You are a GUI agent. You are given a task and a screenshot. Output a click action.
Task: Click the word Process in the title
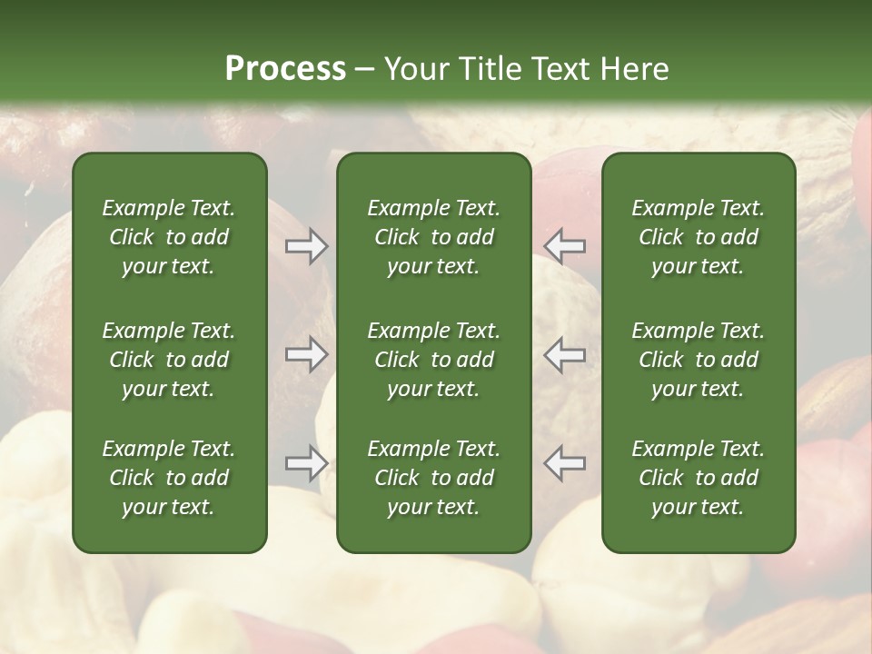click(x=285, y=69)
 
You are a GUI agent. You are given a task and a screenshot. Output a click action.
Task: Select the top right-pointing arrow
click(x=307, y=246)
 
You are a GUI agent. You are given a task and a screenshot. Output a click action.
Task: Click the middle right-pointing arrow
click(x=307, y=354)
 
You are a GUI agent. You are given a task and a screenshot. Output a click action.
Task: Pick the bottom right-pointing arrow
click(x=307, y=463)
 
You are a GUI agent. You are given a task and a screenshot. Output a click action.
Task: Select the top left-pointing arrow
click(x=565, y=246)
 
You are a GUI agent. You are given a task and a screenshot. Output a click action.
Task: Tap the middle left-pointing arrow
click(x=565, y=354)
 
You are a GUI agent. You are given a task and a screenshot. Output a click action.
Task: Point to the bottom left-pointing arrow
click(x=565, y=463)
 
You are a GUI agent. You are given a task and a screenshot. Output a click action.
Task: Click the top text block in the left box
click(x=169, y=237)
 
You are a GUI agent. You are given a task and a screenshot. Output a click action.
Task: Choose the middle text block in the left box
click(x=169, y=360)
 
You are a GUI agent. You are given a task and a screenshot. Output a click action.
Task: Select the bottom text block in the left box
click(x=169, y=478)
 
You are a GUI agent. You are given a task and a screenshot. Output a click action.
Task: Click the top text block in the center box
click(x=433, y=237)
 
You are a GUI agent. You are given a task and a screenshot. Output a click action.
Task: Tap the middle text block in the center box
click(x=433, y=360)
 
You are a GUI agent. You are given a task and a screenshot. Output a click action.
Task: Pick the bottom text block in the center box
click(x=433, y=478)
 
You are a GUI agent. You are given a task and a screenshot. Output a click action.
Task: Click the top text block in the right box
click(x=698, y=237)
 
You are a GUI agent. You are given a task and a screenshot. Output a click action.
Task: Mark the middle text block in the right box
click(x=698, y=360)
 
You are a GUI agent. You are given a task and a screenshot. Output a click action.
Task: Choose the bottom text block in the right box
click(x=698, y=478)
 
